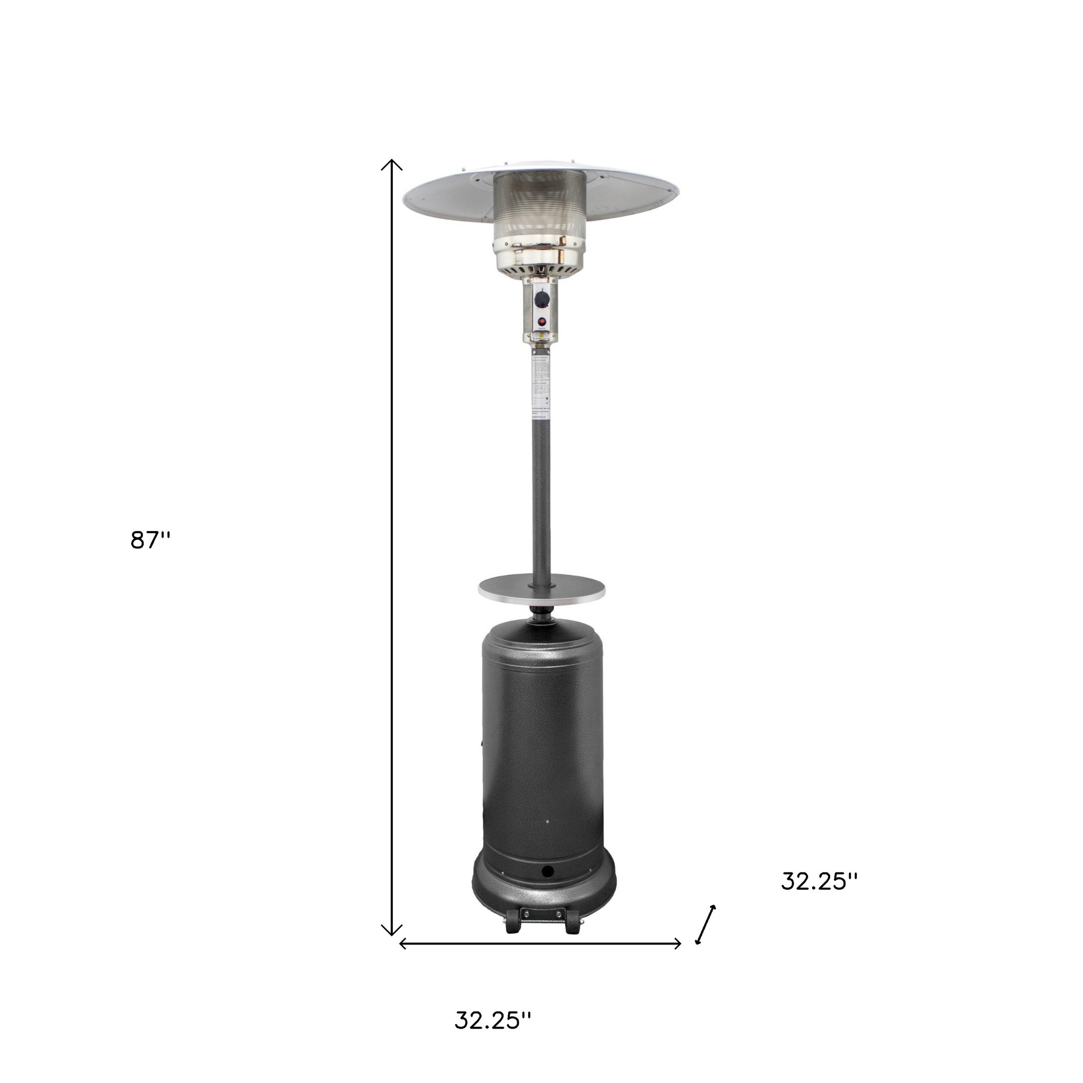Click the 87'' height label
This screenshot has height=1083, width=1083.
150,540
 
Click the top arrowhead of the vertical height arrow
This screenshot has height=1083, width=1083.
392,164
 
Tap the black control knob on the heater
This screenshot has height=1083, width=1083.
541,299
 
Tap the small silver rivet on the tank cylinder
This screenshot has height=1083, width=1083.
547,822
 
